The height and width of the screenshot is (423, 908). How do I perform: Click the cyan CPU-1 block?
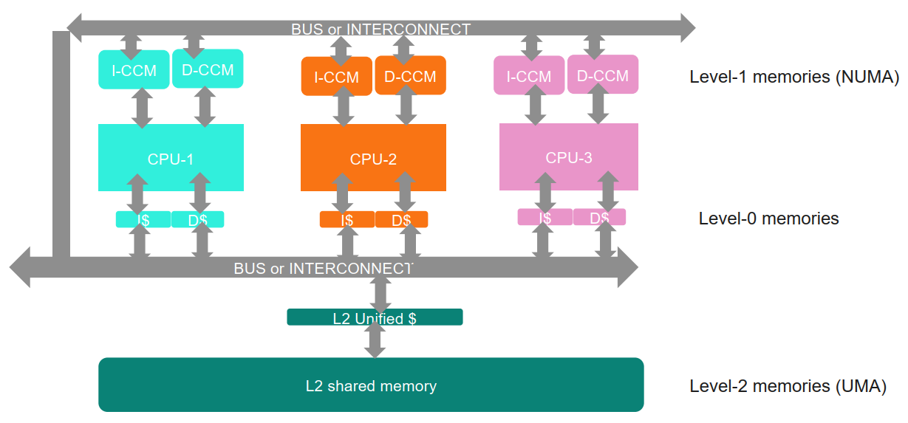click(x=171, y=157)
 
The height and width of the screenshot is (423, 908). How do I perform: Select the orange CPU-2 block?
click(x=373, y=157)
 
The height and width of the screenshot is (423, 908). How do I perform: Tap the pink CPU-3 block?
click(x=568, y=157)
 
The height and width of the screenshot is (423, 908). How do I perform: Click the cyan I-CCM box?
click(x=134, y=71)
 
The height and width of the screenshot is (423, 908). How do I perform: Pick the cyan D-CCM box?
click(x=208, y=70)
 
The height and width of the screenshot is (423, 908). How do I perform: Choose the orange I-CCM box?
click(x=336, y=77)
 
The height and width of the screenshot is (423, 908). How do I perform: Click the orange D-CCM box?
click(x=410, y=76)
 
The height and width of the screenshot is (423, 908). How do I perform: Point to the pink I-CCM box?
click(x=528, y=76)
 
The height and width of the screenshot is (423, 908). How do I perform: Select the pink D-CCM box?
click(x=602, y=75)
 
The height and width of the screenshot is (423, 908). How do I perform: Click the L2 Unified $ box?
click(x=375, y=317)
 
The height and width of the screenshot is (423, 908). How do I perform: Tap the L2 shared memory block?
click(x=371, y=385)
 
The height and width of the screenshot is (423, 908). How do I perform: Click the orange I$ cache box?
click(x=347, y=219)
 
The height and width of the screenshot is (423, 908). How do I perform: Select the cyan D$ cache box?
click(x=198, y=219)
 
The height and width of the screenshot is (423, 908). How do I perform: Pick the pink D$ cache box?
click(x=599, y=217)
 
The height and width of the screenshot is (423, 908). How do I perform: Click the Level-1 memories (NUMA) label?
click(x=793, y=77)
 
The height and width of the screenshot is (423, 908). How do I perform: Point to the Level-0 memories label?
click(x=768, y=219)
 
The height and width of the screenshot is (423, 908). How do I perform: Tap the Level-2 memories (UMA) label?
click(x=788, y=386)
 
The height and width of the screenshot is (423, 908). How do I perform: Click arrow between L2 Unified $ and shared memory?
click(x=375, y=341)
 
